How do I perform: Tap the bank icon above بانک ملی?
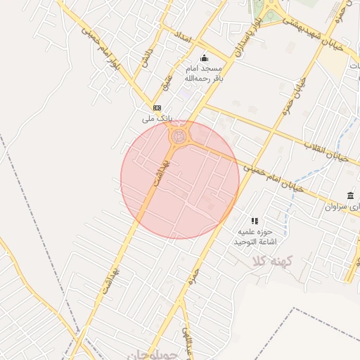[x=156, y=108]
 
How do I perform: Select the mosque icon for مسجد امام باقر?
[x=205, y=58]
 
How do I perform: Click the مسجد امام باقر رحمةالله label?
[x=203, y=73]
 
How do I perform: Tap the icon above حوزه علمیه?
[x=255, y=221]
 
